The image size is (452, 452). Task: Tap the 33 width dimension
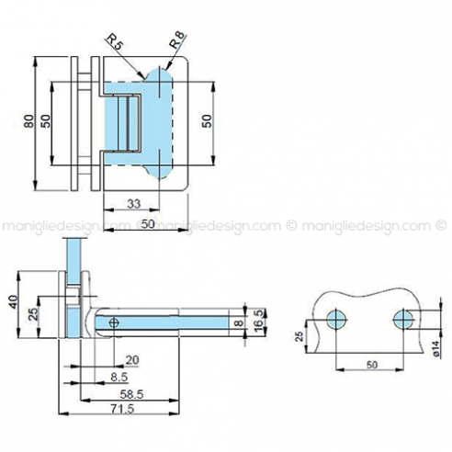pyautogui.click(x=132, y=204)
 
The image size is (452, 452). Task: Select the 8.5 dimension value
pyautogui.click(x=119, y=377)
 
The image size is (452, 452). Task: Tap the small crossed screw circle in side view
pyautogui.click(x=114, y=322)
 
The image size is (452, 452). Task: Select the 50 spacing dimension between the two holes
pyautogui.click(x=370, y=365)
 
